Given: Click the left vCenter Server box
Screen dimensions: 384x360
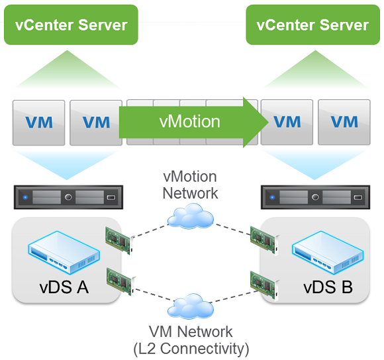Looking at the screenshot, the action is click(x=71, y=24).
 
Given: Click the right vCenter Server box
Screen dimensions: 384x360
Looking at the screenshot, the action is click(x=312, y=24).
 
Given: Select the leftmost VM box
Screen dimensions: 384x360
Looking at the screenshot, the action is click(x=38, y=122).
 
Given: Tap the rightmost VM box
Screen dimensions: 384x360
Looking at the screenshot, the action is click(x=344, y=122).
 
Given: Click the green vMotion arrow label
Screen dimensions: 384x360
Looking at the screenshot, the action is click(x=189, y=121).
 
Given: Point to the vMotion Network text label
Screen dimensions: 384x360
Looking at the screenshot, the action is click(x=190, y=185).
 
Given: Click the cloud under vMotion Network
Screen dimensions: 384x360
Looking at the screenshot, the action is click(x=190, y=216).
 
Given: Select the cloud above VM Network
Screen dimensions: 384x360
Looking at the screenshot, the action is click(x=190, y=306).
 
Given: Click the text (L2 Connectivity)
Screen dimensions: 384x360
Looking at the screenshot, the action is click(x=191, y=349).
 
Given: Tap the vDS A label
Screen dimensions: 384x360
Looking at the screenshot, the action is click(x=64, y=287).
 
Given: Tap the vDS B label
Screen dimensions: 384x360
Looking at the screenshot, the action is click(x=328, y=287).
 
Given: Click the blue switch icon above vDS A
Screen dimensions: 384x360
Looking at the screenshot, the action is click(x=64, y=252).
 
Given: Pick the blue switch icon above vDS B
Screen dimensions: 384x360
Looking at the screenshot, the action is click(x=328, y=252).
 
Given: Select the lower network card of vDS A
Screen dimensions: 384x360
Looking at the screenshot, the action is click(x=120, y=282).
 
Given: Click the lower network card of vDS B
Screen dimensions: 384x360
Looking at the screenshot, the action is click(x=264, y=285).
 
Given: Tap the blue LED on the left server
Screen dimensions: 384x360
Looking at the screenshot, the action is click(x=25, y=197).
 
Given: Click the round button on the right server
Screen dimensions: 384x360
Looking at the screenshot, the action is click(x=315, y=197).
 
